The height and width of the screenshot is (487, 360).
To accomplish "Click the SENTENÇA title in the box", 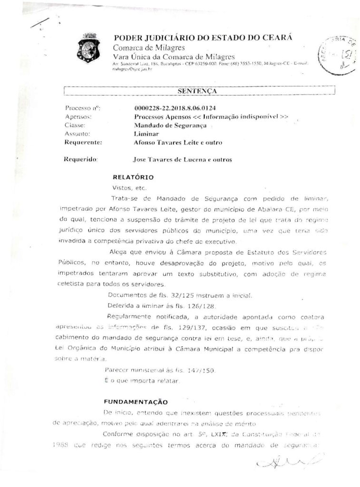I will [199, 90].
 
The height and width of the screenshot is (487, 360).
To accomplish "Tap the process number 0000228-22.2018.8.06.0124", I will [172, 108].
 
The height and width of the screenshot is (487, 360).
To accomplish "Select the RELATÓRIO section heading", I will [133, 177].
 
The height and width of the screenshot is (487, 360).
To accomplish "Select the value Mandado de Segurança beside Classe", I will [170, 125].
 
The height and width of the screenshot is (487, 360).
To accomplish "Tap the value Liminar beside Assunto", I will [146, 134].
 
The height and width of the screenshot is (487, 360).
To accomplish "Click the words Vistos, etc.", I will [126, 188].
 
